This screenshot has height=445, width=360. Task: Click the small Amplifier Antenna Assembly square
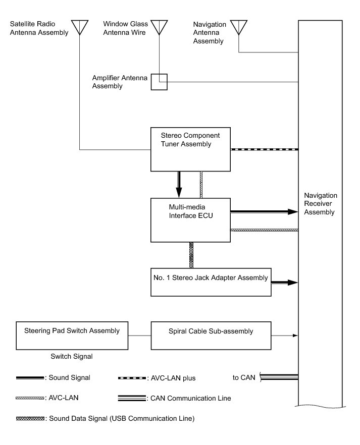tap(159, 82)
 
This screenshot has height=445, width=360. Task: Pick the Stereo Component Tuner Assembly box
tap(190, 149)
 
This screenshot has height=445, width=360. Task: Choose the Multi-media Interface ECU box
tap(190, 219)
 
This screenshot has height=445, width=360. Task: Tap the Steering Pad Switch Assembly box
tap(72, 335)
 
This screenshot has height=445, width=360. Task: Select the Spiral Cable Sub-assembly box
tap(211, 335)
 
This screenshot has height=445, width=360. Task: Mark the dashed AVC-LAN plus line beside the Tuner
tap(264, 149)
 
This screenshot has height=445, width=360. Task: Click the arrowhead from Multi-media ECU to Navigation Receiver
tap(291, 212)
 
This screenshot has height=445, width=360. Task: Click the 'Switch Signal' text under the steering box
tap(71, 356)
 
